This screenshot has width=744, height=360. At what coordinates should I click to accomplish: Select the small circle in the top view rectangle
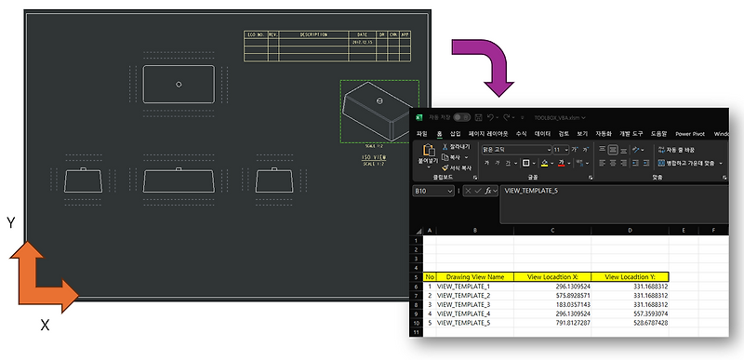178,84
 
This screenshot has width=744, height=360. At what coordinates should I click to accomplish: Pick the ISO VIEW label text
375,158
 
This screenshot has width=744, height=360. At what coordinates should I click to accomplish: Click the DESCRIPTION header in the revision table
308,34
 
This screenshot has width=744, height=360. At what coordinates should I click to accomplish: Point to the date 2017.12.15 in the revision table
363,41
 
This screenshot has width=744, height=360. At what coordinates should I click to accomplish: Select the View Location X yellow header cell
552,276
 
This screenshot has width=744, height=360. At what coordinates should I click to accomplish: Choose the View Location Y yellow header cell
630,276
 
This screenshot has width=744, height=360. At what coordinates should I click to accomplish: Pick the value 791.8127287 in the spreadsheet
559,324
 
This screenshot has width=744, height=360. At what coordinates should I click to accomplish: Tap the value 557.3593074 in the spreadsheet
638,314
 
